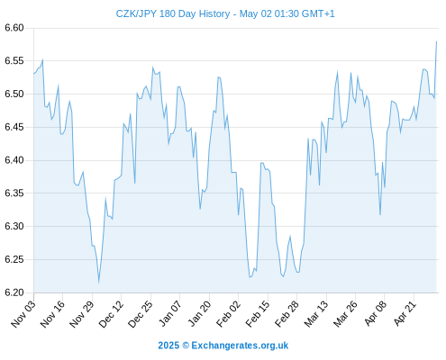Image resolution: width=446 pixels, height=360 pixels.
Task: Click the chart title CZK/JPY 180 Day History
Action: coord(173,13)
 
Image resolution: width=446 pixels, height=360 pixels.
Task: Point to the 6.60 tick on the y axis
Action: coord(14,28)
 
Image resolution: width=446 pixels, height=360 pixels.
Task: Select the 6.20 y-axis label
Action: coord(14,292)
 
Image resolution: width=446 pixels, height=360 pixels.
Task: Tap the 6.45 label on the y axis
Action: coord(14,127)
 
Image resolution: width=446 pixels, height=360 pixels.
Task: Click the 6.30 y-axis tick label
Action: coord(14,226)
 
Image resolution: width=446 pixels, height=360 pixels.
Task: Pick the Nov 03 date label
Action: coord(23,314)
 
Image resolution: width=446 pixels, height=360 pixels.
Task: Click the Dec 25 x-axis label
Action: coord(141,314)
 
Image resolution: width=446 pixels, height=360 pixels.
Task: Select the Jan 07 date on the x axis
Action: coord(170,314)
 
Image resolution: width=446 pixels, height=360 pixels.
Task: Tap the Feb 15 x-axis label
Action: coord(258,314)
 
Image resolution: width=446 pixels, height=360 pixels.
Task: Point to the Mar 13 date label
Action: coord(316,314)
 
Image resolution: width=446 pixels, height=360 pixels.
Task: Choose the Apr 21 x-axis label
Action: coord(405,314)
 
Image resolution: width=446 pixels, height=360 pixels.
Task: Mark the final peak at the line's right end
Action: coord(436,41)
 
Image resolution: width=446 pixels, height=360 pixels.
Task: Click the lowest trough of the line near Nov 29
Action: coord(98,283)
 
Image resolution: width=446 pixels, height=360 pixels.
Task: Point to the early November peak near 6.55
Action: coord(42,59)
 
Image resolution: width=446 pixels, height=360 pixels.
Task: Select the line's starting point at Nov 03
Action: coord(34,74)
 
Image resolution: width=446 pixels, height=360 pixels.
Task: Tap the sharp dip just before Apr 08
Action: coord(380,215)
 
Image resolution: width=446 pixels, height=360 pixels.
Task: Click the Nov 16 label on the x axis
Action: coord(52,314)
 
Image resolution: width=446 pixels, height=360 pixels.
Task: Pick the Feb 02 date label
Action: coord(229,314)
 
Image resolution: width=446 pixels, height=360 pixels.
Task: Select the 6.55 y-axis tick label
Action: coord(14,61)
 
